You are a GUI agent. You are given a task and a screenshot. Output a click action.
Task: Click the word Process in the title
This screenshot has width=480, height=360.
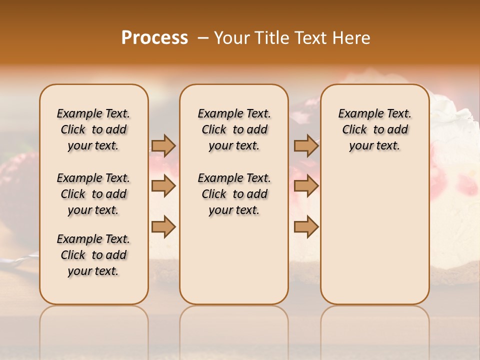[154, 38]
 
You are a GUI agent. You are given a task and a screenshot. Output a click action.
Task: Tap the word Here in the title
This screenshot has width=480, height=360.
[352, 38]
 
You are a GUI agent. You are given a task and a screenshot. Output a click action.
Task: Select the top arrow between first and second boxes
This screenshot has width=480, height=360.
[163, 145]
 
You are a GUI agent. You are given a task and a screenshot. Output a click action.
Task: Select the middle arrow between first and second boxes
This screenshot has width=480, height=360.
[163, 186]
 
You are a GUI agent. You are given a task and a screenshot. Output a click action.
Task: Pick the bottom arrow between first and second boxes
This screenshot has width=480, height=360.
[163, 227]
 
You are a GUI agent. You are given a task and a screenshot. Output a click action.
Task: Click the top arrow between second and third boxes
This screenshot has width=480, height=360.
[306, 145]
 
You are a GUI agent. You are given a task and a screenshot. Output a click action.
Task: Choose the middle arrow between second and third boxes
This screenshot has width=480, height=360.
[306, 186]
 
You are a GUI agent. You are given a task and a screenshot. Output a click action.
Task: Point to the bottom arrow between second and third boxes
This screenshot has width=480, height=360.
[306, 227]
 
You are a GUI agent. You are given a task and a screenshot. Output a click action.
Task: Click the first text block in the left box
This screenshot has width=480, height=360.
[93, 129]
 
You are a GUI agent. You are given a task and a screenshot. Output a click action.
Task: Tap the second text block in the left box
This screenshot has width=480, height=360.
[93, 194]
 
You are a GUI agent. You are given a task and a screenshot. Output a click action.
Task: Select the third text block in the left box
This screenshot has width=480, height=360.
[93, 255]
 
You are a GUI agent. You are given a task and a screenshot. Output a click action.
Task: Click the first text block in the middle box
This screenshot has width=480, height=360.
[234, 129]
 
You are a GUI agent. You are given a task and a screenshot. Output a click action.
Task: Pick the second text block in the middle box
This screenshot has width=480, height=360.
[234, 194]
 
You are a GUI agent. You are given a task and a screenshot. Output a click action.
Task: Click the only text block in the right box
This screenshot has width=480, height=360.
[374, 129]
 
